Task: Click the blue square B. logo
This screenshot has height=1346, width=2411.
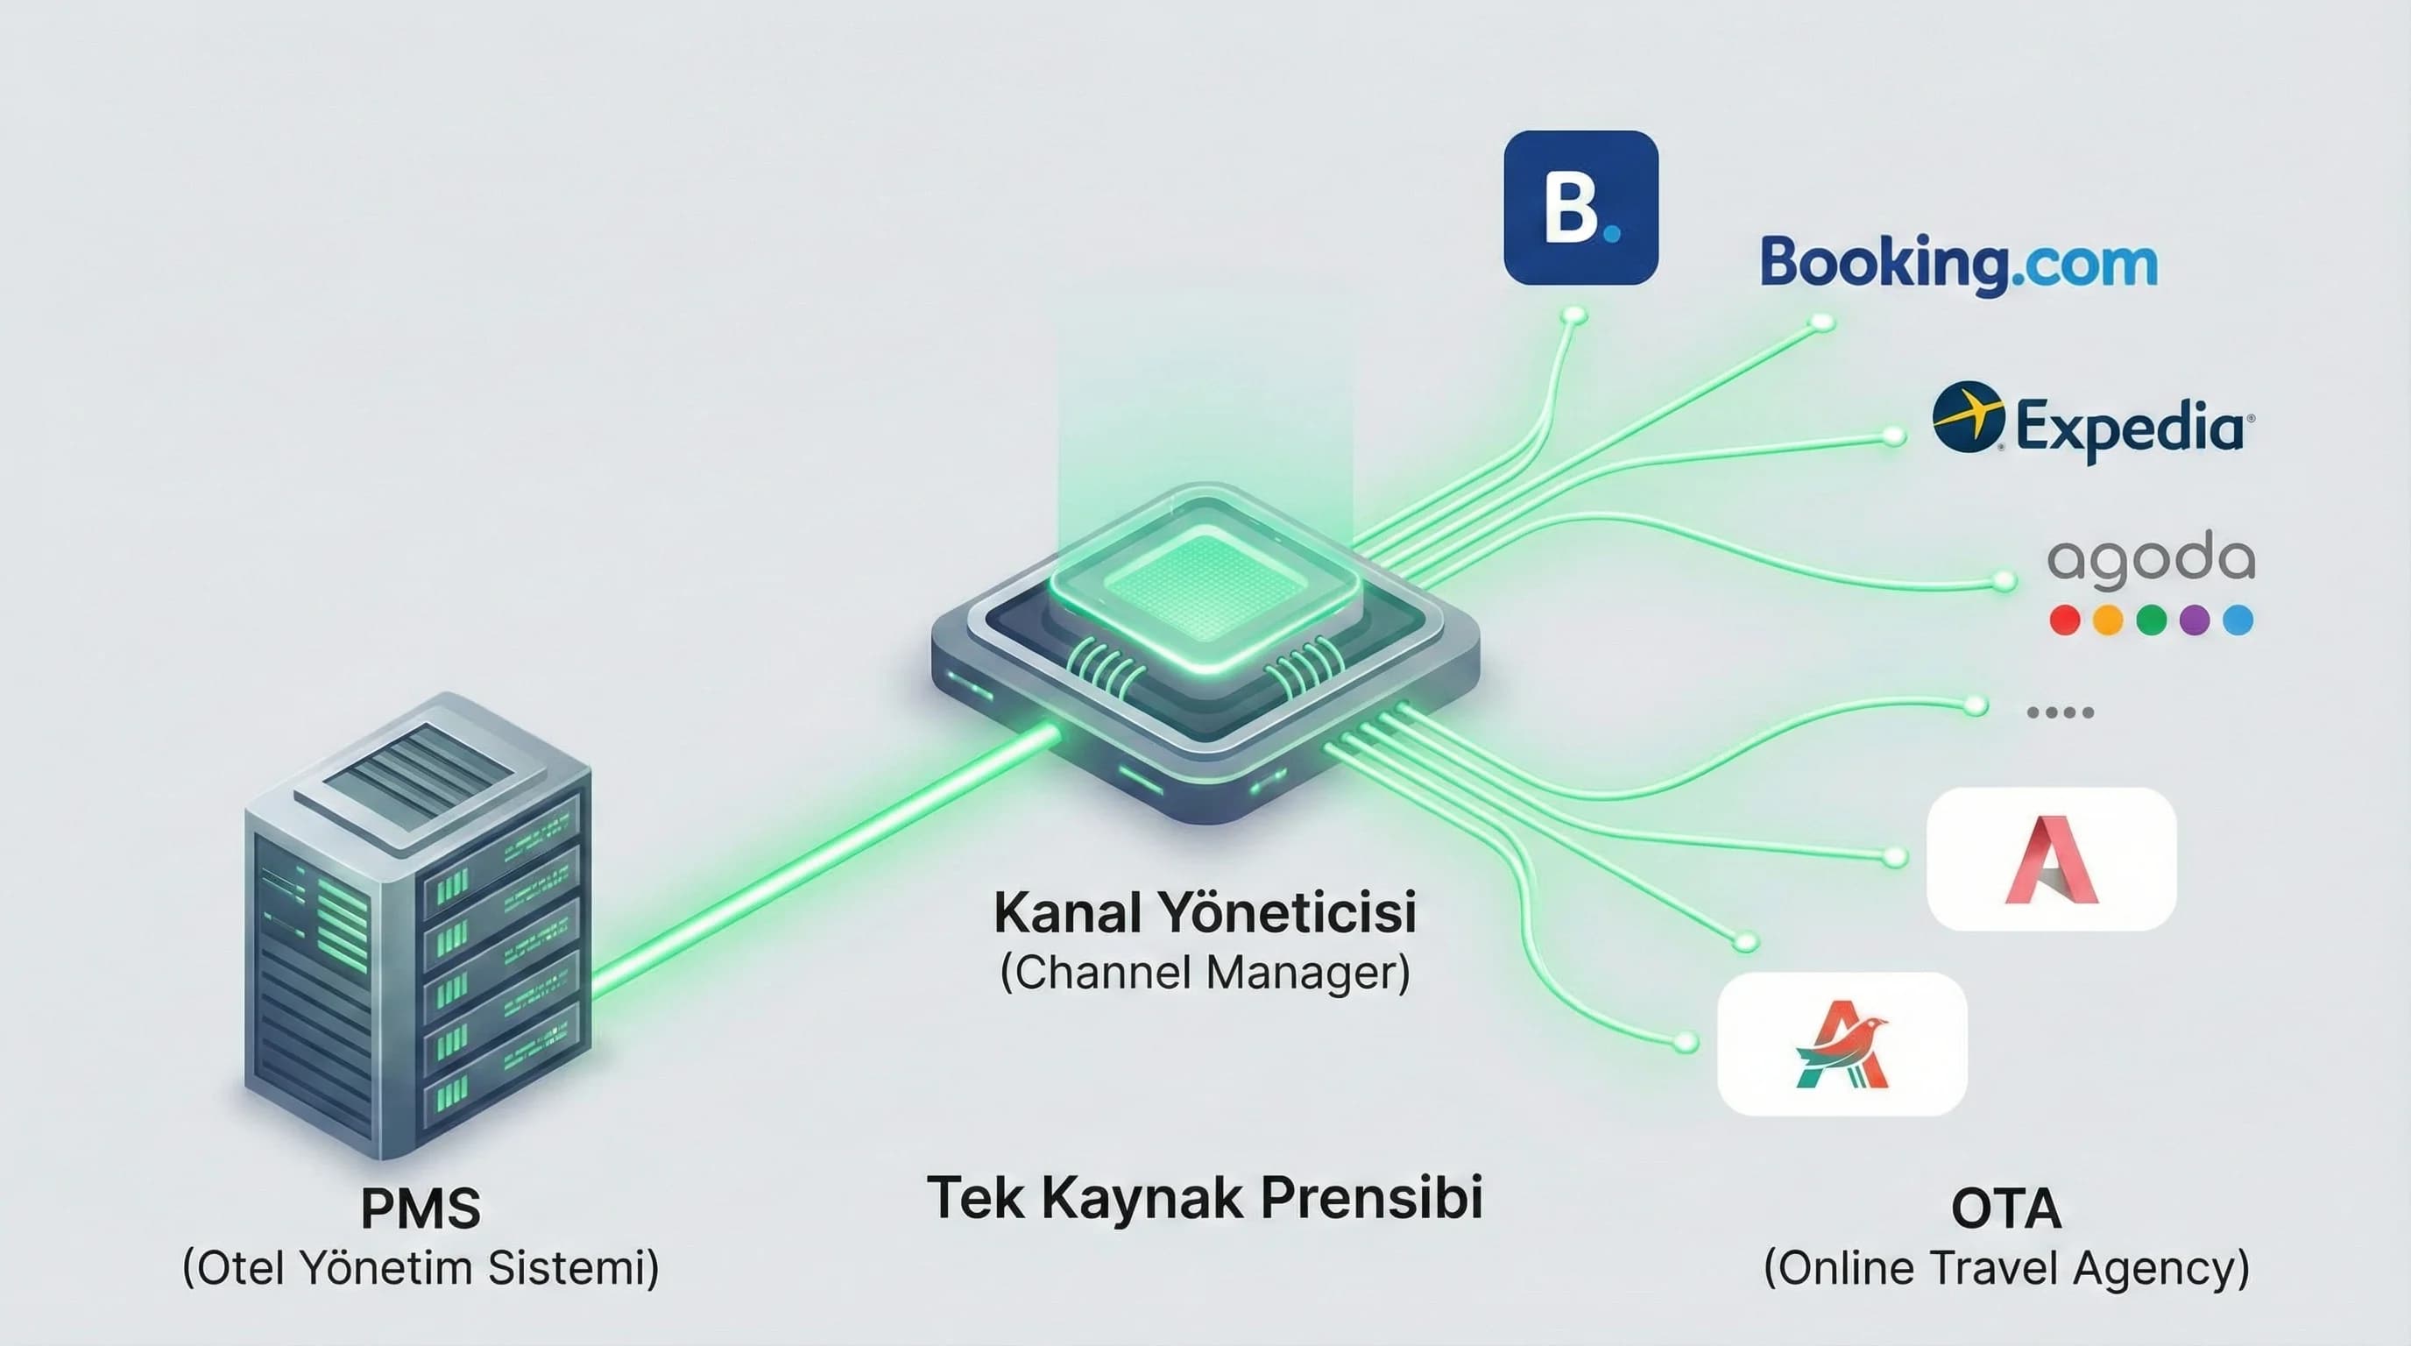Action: pos(1580,208)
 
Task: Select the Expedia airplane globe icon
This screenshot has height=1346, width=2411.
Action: pos(1969,416)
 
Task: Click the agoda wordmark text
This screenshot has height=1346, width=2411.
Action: pos(2151,560)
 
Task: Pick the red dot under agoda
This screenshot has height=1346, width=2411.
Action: pos(2065,620)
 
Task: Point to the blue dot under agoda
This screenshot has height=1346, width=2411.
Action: pos(2238,620)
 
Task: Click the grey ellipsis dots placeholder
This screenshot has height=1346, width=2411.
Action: pos(2060,712)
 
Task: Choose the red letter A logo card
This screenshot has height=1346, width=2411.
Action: pos(2051,860)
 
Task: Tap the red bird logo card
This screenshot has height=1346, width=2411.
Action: pos(1842,1044)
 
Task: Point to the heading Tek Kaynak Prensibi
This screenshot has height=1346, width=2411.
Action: pos(1205,1198)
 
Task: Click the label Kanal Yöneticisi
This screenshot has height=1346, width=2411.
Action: pos(1205,911)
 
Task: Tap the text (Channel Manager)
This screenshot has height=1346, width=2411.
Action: pos(1205,974)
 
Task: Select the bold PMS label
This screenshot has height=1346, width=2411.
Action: pos(421,1208)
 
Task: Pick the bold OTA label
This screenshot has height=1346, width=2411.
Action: pos(2005,1208)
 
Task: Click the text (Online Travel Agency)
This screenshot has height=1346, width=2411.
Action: pos(2005,1269)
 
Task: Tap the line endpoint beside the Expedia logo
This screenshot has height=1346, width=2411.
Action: pos(1893,436)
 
